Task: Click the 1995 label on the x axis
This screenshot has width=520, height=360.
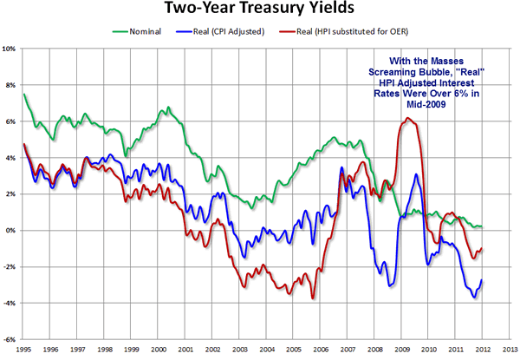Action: tap(24, 350)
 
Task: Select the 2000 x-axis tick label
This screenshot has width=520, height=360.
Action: tap(160, 350)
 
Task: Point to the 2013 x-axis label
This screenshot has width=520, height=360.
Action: tap(510, 350)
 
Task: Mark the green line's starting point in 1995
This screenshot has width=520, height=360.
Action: tap(24, 95)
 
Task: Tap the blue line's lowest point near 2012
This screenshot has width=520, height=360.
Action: tap(474, 298)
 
